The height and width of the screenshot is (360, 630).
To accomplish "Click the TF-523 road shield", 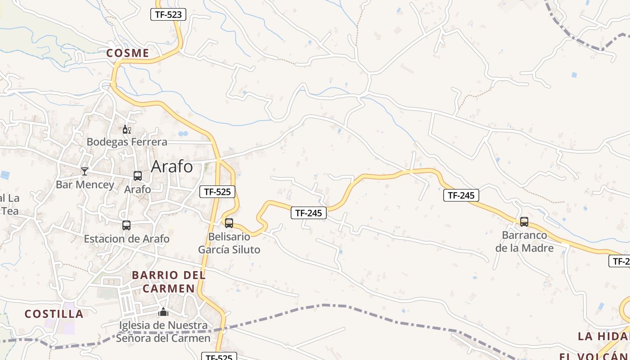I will tap(168, 14).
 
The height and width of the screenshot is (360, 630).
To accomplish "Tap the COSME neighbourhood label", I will tap(128, 53).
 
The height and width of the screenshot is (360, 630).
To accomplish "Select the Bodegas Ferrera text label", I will tap(127, 142).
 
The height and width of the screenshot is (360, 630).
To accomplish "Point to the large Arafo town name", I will tap(172, 166).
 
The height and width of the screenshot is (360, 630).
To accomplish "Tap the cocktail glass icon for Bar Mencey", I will tap(84, 171).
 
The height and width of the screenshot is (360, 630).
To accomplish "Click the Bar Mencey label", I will tap(85, 184).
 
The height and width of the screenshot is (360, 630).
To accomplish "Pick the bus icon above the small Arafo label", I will tap(138, 176).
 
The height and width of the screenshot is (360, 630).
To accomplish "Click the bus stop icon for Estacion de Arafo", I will tap(126, 225).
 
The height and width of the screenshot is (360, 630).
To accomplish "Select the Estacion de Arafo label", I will tap(127, 238).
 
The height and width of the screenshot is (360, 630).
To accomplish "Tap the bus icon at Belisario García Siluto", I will tap(229, 223).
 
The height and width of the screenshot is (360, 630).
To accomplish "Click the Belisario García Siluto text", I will tap(229, 243).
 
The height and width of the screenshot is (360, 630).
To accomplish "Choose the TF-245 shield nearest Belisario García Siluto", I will tap(309, 213).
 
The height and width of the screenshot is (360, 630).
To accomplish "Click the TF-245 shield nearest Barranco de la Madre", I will tap(461, 195).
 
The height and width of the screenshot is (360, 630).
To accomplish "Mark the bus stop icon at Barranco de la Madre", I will tap(524, 221).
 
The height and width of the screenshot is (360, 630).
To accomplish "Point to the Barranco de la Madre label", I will tap(524, 241).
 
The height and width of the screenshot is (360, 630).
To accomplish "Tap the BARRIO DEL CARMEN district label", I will tap(169, 282).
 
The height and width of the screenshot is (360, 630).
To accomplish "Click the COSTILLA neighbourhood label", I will tap(54, 314).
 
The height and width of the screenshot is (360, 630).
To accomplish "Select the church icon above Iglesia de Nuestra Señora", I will tap(163, 311).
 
